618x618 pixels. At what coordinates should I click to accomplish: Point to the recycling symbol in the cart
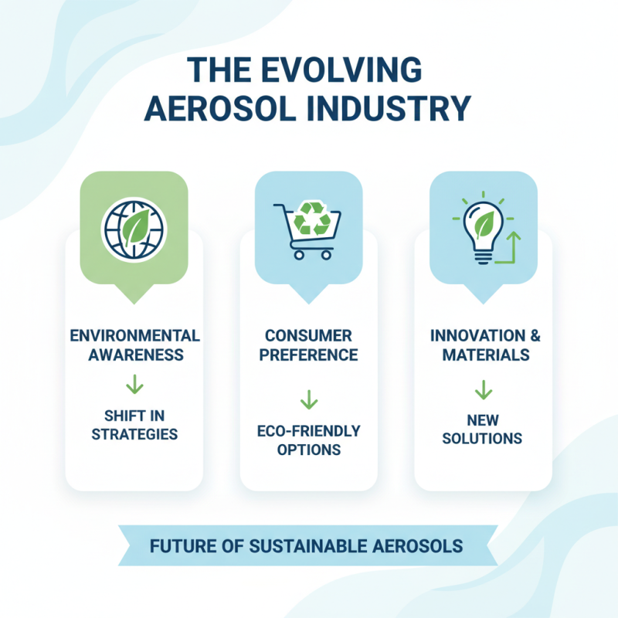coord(316,219)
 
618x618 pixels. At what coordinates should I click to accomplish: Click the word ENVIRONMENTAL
coord(134,336)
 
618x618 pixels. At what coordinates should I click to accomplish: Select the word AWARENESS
coord(134,355)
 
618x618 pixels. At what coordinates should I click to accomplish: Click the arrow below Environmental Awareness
coord(134,384)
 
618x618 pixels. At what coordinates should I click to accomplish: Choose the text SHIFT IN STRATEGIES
coord(134,423)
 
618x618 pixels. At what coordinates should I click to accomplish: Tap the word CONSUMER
coord(308,336)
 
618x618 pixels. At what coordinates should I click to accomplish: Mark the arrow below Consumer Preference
coord(308,399)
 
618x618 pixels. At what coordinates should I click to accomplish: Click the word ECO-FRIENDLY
coord(308,431)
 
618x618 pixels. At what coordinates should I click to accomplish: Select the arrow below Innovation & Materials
coord(483,390)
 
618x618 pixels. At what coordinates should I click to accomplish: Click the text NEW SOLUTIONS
coord(483,429)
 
